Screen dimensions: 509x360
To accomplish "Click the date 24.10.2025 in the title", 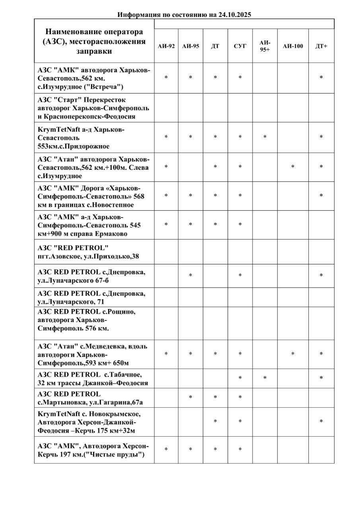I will pyautogui.click(x=235, y=15).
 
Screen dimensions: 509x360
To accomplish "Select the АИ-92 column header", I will pyautogui.click(x=166, y=46).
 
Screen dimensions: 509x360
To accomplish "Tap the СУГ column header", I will pyautogui.click(x=240, y=46).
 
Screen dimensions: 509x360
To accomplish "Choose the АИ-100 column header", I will pyautogui.click(x=293, y=46).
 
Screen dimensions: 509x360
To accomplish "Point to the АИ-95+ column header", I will pyautogui.click(x=265, y=46).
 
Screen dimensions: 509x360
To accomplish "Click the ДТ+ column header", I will pyautogui.click(x=321, y=46).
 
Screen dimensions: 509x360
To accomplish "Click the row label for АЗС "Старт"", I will pyautogui.click(x=93, y=108).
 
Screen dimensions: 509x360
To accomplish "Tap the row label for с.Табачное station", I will pyautogui.click(x=93, y=379).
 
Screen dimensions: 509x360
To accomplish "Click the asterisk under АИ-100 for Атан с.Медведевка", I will pyautogui.click(x=293, y=354).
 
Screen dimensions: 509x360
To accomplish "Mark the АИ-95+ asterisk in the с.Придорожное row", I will pyautogui.click(x=265, y=137).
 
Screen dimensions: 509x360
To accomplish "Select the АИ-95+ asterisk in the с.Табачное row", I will pyautogui.click(x=265, y=378).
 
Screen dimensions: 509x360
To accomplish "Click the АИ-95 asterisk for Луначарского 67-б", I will pyautogui.click(x=191, y=276).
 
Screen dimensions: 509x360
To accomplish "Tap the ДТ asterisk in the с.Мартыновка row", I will pyautogui.click(x=215, y=397).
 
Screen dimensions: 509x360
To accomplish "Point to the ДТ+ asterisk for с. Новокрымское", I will pyautogui.click(x=321, y=422).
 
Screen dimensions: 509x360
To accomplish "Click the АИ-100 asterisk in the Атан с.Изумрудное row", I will pyautogui.click(x=293, y=167).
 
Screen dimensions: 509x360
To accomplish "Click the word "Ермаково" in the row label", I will pyautogui.click(x=113, y=234).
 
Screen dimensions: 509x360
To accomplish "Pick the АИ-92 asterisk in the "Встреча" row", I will pyautogui.click(x=166, y=78).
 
